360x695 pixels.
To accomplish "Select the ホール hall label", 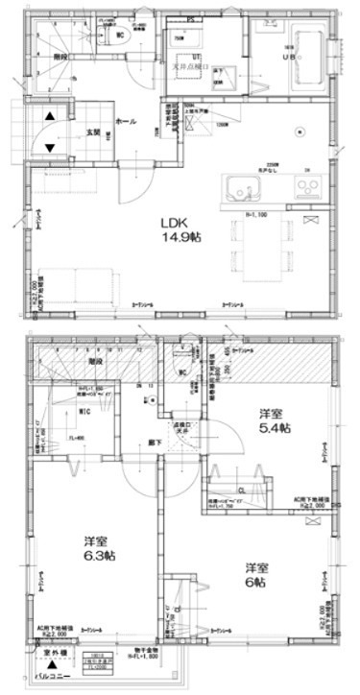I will (x=125, y=123).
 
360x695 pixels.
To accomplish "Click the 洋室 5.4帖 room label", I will (x=274, y=420).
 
